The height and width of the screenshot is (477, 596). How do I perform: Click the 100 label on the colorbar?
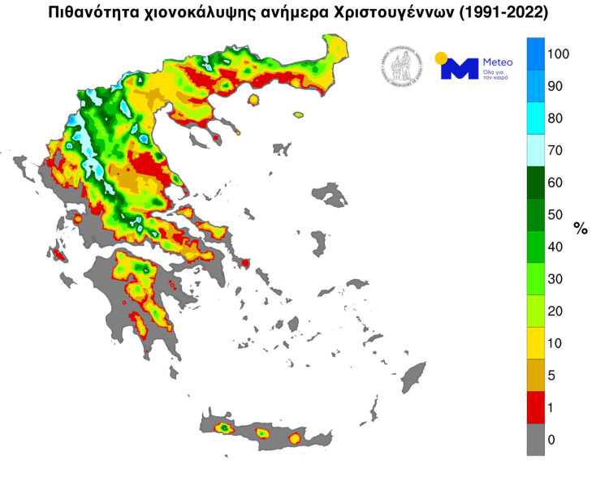[559, 54]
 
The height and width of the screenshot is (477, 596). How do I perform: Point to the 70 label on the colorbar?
[555, 151]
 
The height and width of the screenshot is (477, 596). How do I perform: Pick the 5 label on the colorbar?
[552, 376]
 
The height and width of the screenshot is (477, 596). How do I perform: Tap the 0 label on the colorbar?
[552, 440]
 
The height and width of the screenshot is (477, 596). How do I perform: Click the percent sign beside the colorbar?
[581, 229]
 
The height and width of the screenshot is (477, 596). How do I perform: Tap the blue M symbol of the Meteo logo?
[460, 69]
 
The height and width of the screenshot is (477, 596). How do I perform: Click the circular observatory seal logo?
[401, 65]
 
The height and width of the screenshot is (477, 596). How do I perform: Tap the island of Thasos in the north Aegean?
[253, 100]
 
